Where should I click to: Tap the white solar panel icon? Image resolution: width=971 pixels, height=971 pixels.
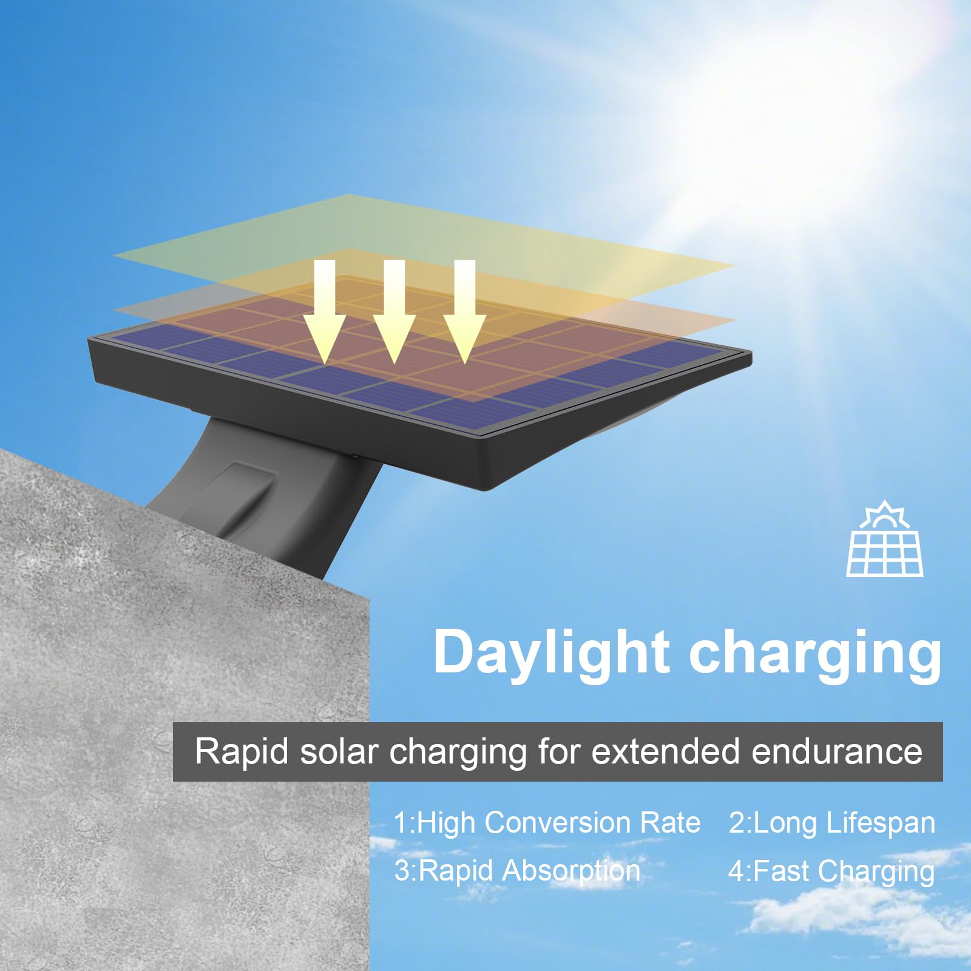click(x=885, y=540)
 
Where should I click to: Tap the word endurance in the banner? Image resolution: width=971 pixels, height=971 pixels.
click(x=837, y=752)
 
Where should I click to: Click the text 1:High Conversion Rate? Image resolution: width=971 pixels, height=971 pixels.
click(x=547, y=824)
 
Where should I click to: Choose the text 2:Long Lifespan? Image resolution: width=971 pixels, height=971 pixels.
click(x=831, y=824)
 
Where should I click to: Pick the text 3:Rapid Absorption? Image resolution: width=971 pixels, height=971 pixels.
click(x=517, y=871)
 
